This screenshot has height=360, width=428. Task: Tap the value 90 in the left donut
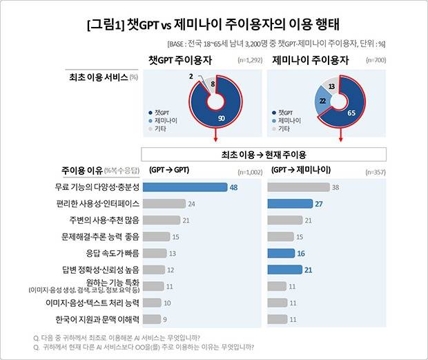221,118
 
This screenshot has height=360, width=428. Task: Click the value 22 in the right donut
322,101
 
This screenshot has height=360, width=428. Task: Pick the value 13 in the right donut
332,87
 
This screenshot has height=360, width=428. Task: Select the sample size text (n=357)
371,171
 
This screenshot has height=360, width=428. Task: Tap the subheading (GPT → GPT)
168,169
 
